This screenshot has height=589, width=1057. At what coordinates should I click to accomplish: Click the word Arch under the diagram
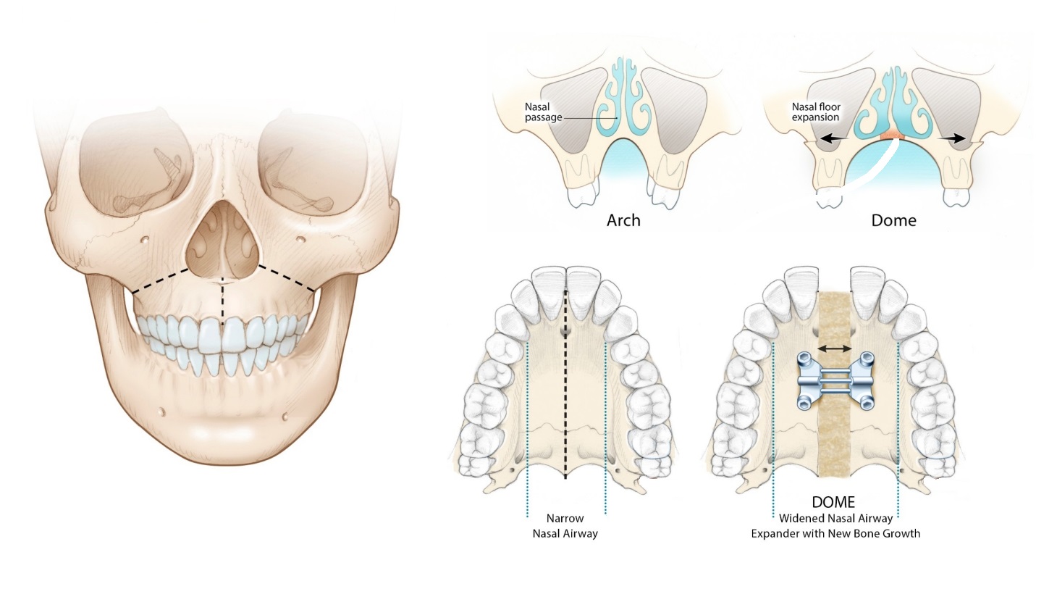pyautogui.click(x=623, y=220)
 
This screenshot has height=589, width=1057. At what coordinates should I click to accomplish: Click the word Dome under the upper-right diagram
pyautogui.click(x=893, y=220)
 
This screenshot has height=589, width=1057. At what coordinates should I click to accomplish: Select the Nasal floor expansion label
pyautogui.click(x=816, y=112)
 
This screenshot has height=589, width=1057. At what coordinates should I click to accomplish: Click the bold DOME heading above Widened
pyautogui.click(x=833, y=502)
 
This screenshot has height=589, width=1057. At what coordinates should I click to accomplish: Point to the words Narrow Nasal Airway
pyautogui.click(x=565, y=526)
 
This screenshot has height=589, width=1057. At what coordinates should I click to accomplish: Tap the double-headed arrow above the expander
pyautogui.click(x=834, y=348)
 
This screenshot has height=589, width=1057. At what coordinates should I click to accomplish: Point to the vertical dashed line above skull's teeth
pyautogui.click(x=223, y=301)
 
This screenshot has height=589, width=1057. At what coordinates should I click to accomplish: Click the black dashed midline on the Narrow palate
pyautogui.click(x=565, y=384)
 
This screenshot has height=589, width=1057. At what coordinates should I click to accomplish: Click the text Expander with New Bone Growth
pyautogui.click(x=835, y=533)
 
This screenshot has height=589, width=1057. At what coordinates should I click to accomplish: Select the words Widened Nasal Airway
pyautogui.click(x=835, y=518)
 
